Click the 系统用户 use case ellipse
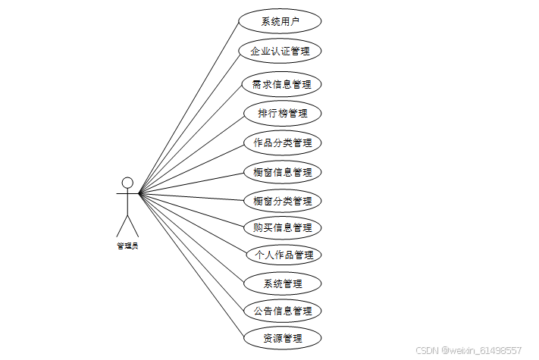[x=280, y=21]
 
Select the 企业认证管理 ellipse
[x=280, y=52]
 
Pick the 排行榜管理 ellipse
[x=282, y=114]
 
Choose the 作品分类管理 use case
[x=282, y=142]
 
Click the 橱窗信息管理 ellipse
[x=282, y=172]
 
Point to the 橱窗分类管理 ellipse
[x=282, y=201]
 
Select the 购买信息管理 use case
[x=282, y=227]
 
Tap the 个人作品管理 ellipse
[x=282, y=255]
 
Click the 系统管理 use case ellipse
[x=282, y=283]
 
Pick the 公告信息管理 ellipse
[x=282, y=311]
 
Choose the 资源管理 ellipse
[x=282, y=338]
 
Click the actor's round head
[x=127, y=182]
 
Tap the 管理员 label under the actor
[x=127, y=245]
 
